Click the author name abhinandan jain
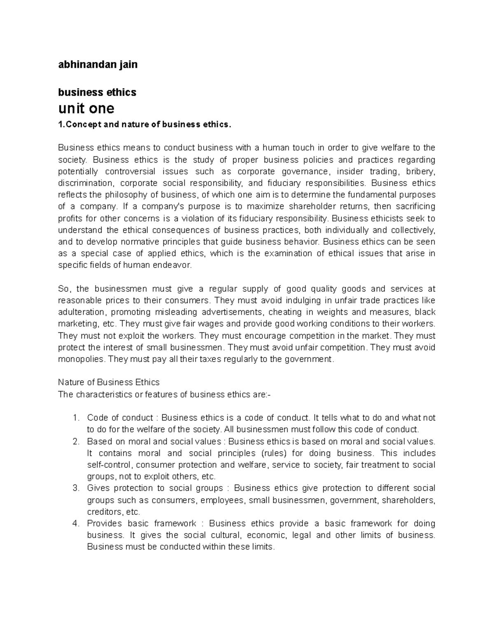(98, 65)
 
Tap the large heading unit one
(86, 109)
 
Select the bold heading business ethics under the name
(97, 92)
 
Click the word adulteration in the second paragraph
(82, 312)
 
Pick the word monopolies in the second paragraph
(81, 359)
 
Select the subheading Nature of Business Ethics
(109, 382)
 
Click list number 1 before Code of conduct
(75, 418)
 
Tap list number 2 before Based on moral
(75, 441)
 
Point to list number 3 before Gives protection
(75, 488)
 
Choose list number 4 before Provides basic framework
(75, 523)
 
